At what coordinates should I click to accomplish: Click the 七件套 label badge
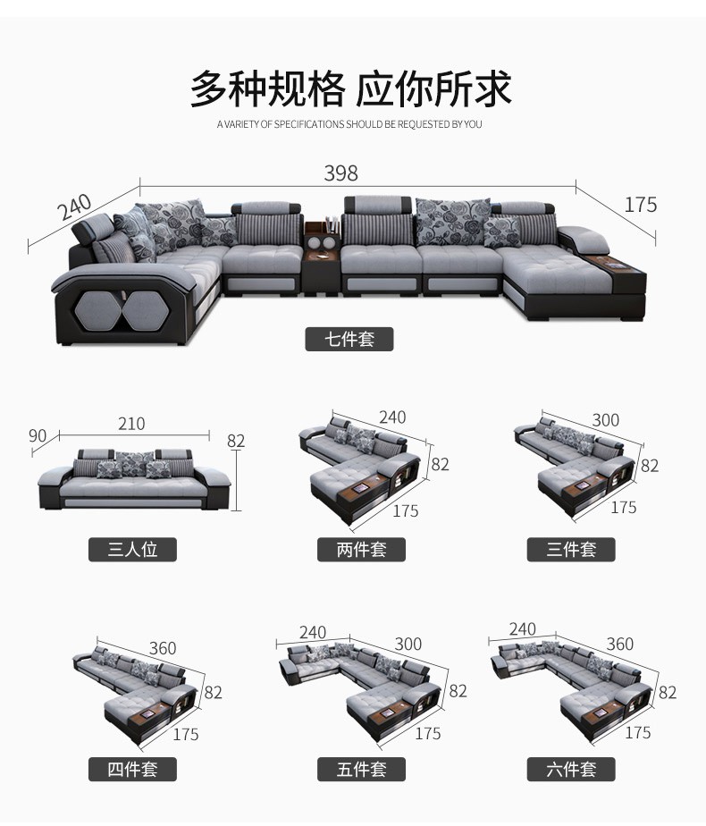pos(349,340)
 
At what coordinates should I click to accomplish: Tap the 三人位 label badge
pos(132,550)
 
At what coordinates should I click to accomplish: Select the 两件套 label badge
pos(361,550)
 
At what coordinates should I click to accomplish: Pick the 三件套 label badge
pos(571,550)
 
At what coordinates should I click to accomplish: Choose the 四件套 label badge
pos(132,769)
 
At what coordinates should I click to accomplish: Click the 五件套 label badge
pos(361,769)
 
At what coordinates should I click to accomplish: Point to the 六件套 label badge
pos(571,769)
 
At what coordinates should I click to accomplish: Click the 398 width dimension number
pos(340,173)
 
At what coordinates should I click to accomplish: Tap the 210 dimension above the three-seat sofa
pos(130,424)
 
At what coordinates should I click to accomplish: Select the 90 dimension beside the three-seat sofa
pos(38,436)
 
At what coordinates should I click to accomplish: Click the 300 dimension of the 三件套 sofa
pos(605,420)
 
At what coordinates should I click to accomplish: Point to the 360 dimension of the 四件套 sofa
pos(163,648)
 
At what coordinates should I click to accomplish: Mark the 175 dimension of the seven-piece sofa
pos(640,205)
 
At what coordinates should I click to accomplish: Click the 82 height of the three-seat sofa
pos(236,441)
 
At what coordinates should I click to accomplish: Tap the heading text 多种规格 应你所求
pos(350,89)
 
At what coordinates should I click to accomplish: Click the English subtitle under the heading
pos(349,124)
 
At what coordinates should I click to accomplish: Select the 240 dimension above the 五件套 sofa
pos(313,633)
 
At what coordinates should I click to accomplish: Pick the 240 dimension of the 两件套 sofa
pos(391,417)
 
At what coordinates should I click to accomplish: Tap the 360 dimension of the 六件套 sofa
pos(619,645)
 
